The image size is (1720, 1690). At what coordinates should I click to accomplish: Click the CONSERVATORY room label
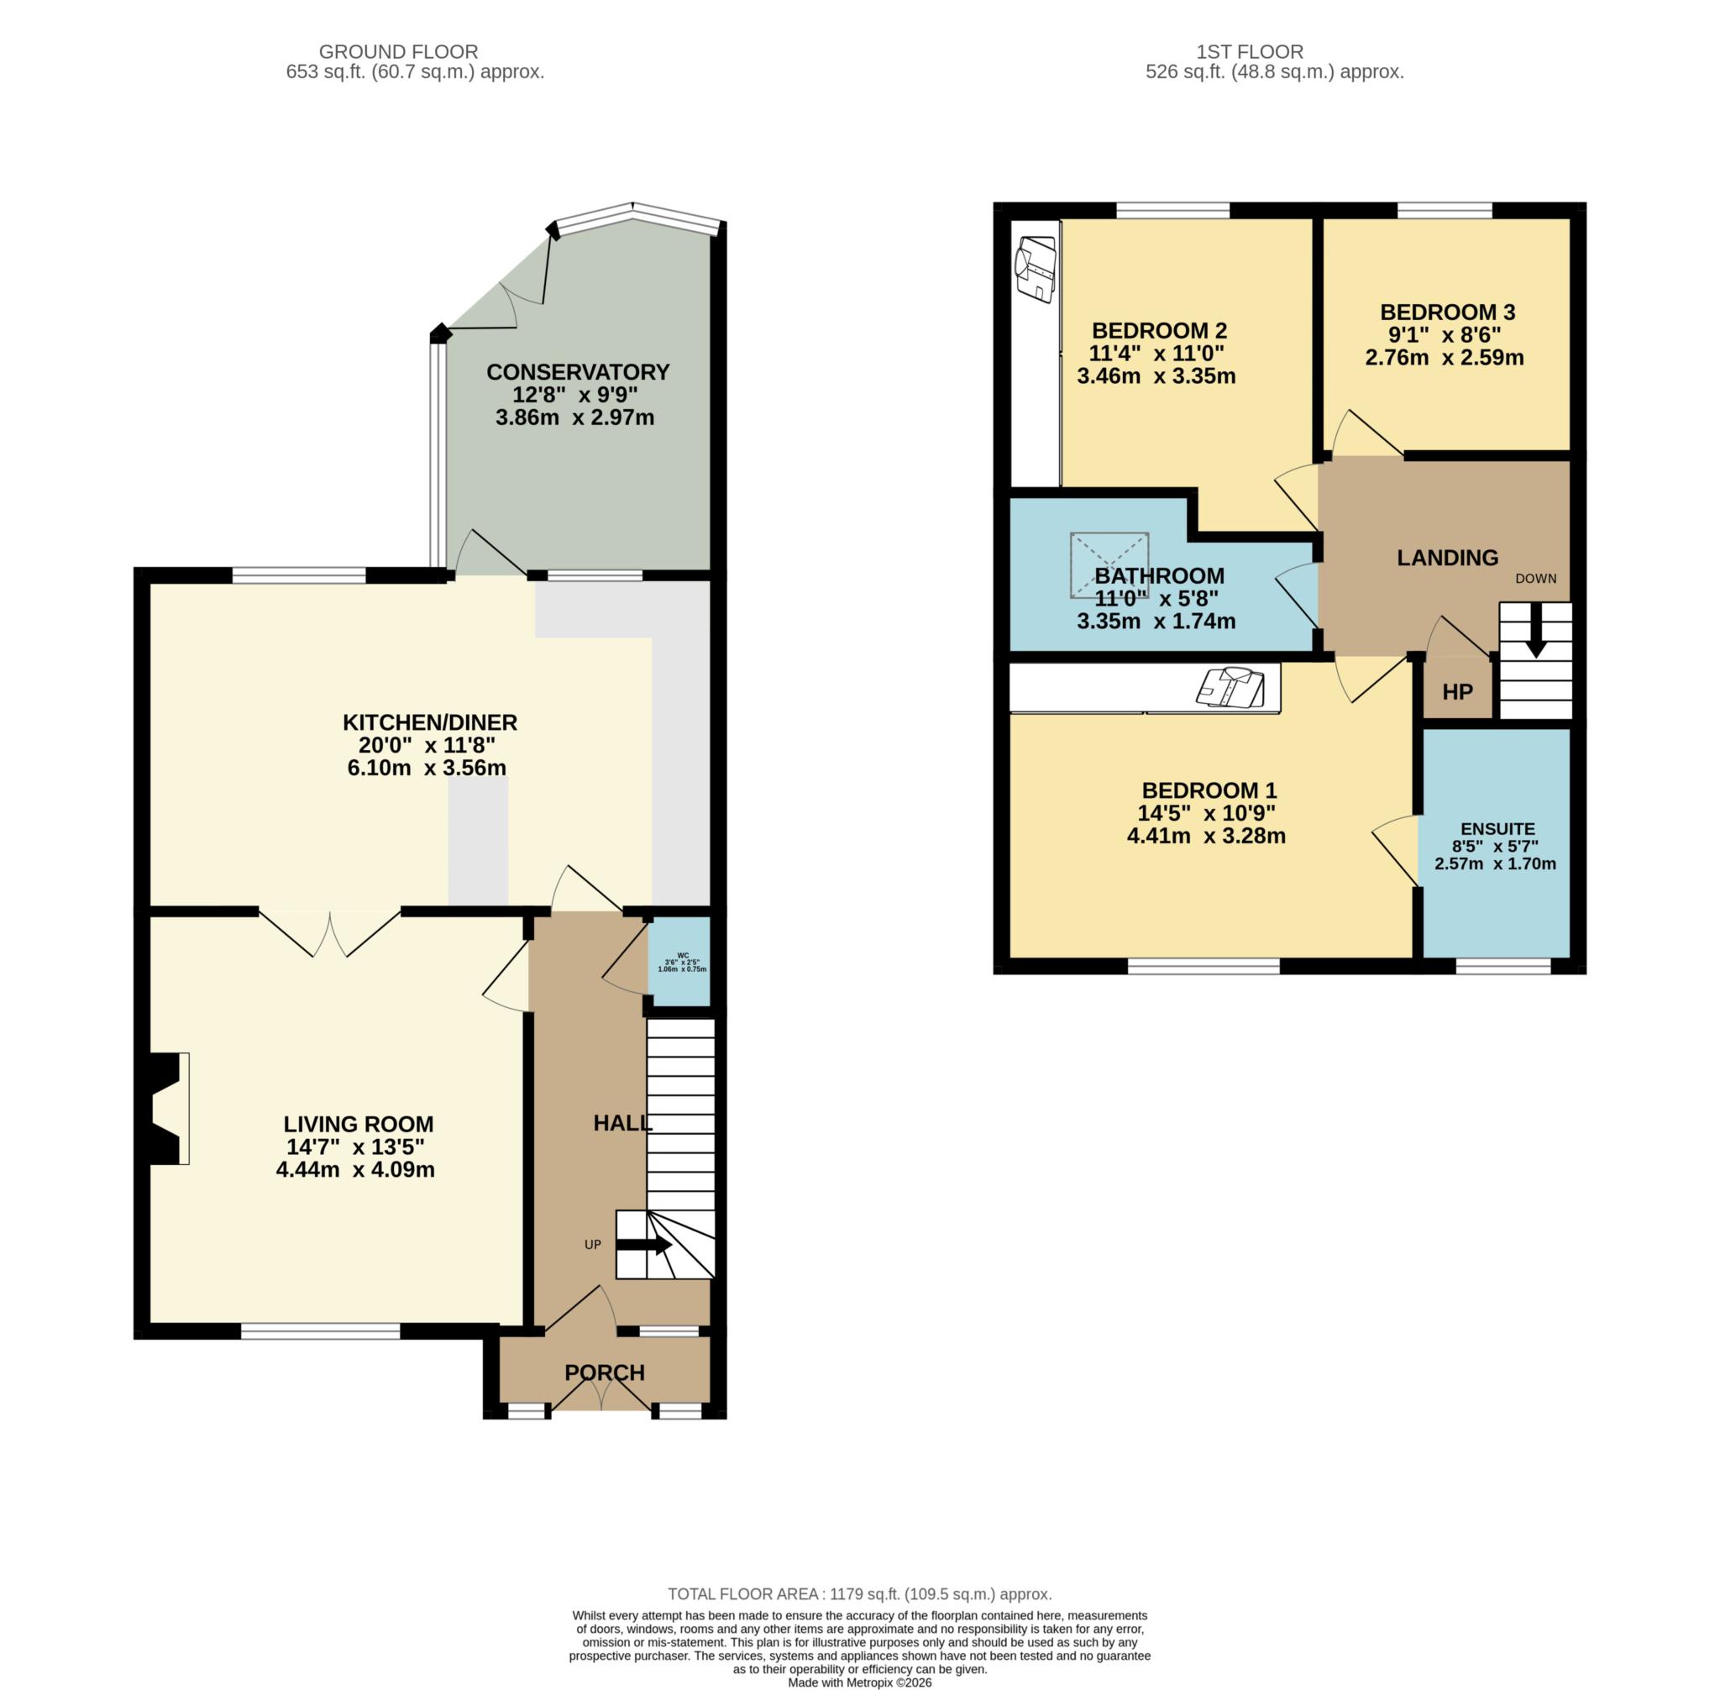[x=577, y=372]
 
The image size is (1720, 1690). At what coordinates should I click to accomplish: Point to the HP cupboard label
[x=1457, y=692]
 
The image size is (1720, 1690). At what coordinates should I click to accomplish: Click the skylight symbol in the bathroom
[x=1109, y=565]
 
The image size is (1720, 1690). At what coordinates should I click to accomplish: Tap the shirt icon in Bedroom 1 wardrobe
[x=1230, y=687]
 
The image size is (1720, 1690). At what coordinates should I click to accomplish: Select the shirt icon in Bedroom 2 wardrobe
[x=1035, y=269]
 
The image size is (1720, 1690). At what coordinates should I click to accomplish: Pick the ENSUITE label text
[x=1497, y=829]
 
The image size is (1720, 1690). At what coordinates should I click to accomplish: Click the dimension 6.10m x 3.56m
[x=427, y=768]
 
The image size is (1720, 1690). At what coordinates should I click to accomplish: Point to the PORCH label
[x=605, y=1372]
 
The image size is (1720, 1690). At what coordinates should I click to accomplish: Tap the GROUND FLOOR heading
[x=398, y=52]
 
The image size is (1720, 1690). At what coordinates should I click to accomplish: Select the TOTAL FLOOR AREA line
[x=859, y=1594]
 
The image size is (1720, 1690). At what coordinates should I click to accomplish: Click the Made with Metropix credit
[x=859, y=1682]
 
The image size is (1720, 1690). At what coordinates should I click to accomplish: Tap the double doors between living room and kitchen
[x=330, y=934]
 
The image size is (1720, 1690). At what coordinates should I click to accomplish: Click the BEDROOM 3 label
[x=1447, y=312]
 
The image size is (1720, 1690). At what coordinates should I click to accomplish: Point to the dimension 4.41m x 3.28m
[x=1206, y=835]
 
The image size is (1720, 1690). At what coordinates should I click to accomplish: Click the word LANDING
[x=1447, y=558]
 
